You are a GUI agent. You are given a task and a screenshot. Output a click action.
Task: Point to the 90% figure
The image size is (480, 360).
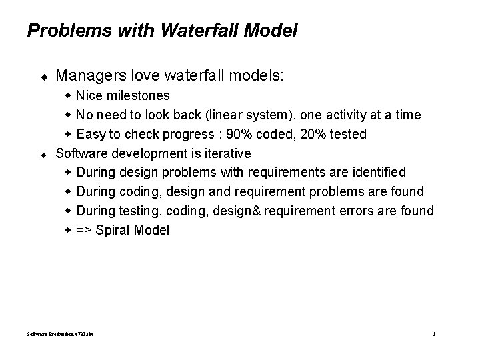(x=238, y=134)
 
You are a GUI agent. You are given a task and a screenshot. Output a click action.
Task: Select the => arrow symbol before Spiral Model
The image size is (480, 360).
(x=85, y=230)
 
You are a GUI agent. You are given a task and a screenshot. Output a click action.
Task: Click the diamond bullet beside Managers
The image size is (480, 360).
(x=43, y=77)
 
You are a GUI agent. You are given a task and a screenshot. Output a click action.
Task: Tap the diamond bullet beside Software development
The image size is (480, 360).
(x=43, y=154)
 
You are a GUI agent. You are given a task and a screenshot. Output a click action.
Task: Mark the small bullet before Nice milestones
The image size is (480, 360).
(x=69, y=96)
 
